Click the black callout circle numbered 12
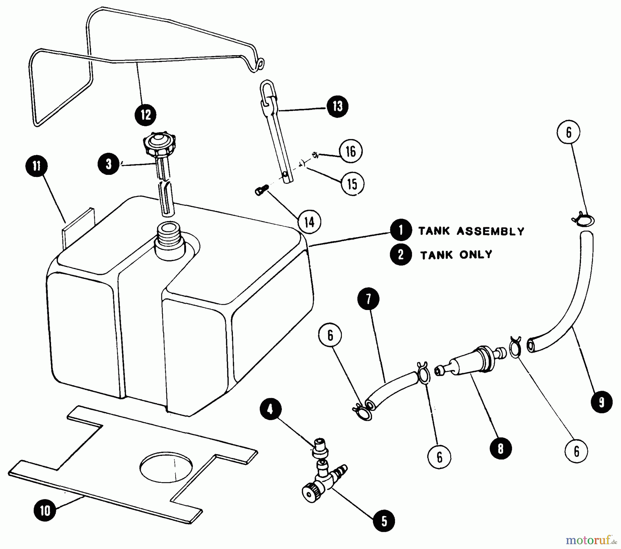pyautogui.click(x=145, y=114)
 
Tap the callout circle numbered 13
pyautogui.click(x=337, y=106)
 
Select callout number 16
pyautogui.click(x=351, y=151)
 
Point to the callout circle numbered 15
pyautogui.click(x=352, y=184)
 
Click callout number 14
pyautogui.click(x=309, y=222)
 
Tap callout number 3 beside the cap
pyautogui.click(x=108, y=164)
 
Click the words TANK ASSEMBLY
pyautogui.click(x=471, y=231)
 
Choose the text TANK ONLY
pyautogui.click(x=456, y=255)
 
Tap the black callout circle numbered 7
pyautogui.click(x=368, y=299)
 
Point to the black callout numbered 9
pyautogui.click(x=601, y=402)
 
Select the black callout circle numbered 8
pyautogui.click(x=500, y=448)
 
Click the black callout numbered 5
pyautogui.click(x=384, y=521)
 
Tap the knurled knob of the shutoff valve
pyautogui.click(x=310, y=491)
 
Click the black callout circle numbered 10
pyautogui.click(x=45, y=510)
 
